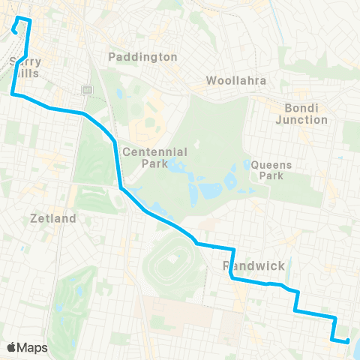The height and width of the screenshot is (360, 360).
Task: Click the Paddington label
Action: coord(142,57)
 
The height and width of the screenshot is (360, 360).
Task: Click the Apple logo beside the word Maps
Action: coord(12,347)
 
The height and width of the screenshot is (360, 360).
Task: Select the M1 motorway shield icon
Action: coord(87,90)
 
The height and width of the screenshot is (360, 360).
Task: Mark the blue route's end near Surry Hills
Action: coord(14,31)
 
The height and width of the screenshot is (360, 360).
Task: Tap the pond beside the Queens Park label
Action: coord(248,166)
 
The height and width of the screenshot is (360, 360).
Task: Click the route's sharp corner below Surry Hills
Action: coord(13,94)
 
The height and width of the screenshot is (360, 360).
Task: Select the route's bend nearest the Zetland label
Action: coord(120,187)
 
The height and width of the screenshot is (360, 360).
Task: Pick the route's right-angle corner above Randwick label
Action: coord(234,249)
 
